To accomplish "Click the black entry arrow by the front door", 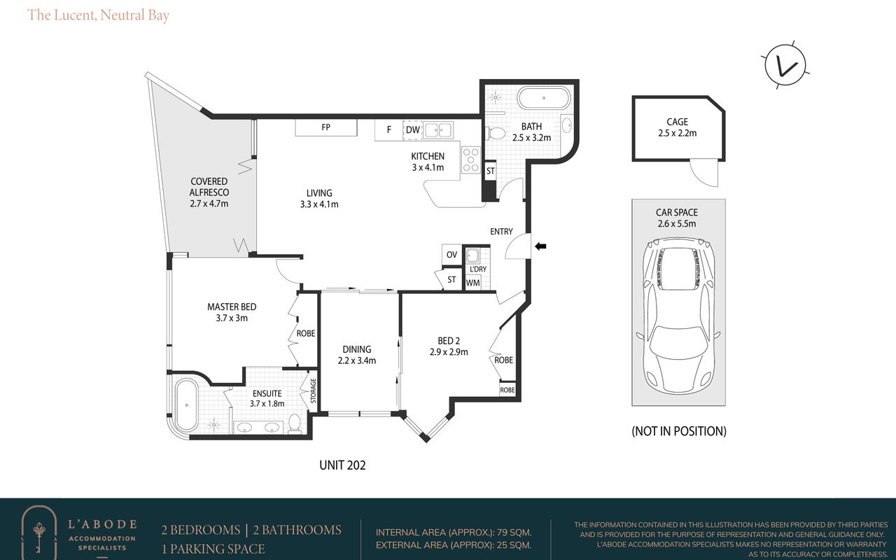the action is coord(541,246).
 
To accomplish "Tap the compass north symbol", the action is coord(785,66).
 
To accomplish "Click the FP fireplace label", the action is coord(326,127).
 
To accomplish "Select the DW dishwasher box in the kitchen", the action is coord(413,129).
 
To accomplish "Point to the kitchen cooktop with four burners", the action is coord(471,160).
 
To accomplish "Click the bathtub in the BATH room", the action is coord(544,98).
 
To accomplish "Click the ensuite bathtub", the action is coord(186,405).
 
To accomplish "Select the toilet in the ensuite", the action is coord(295,423).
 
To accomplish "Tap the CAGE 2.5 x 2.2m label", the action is coord(677,127).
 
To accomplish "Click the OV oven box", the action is coord(451,255).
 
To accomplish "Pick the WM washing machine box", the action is coord(472,283).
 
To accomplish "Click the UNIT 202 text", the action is coord(342,465).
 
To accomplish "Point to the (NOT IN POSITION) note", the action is coord(679,431).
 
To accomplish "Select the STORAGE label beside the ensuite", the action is coord(313,391).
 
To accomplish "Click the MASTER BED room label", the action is coord(232,307).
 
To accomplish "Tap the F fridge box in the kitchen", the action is coord(388,129).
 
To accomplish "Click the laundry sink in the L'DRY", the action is coord(472,255).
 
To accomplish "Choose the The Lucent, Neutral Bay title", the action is coord(98,15).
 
